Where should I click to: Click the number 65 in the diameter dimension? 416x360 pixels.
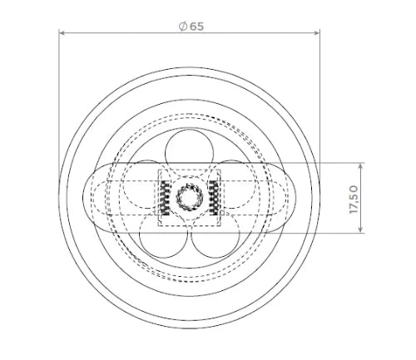[x=196, y=27]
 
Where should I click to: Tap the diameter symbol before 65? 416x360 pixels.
[x=183, y=27]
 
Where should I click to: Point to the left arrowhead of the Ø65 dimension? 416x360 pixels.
[x=62, y=33]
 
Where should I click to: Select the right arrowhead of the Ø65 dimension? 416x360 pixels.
[x=316, y=33]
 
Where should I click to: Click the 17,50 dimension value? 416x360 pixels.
[x=354, y=200]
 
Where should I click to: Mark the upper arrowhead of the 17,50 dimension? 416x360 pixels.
[x=360, y=166]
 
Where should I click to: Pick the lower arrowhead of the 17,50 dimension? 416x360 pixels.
[x=360, y=229]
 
